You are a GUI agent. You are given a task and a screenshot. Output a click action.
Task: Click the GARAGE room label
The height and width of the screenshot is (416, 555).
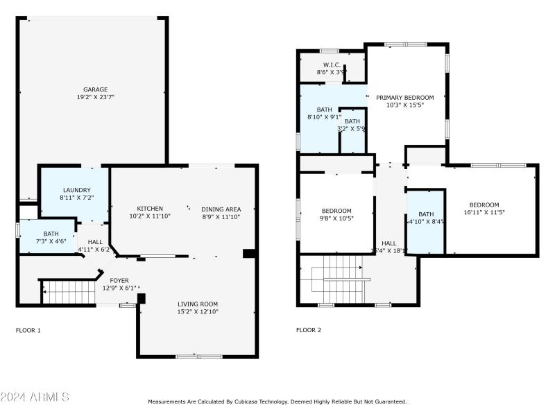pos(95,89)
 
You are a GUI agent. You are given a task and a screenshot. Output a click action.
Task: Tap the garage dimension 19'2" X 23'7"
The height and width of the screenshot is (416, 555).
pos(95,98)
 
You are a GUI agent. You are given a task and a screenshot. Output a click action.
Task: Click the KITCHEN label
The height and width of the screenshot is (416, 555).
pos(150,209)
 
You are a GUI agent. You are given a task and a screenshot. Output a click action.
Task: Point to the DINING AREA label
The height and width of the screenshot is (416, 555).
pos(221,209)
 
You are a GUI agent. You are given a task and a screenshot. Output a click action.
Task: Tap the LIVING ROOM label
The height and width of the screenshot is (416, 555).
pos(198,304)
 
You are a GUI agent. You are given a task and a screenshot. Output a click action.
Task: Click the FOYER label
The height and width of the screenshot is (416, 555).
pos(119,280)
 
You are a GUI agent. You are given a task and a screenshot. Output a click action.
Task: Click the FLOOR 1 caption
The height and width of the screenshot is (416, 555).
pos(28,330)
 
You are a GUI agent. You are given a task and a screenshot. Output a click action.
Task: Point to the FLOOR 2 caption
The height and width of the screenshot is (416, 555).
pos(309,330)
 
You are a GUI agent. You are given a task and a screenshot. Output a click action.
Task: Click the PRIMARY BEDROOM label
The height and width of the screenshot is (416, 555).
pos(405,98)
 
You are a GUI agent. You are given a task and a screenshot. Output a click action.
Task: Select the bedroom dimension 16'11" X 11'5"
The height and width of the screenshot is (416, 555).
pos(484,212)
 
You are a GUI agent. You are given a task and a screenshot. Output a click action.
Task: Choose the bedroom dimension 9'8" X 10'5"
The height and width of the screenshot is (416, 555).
pos(336,218)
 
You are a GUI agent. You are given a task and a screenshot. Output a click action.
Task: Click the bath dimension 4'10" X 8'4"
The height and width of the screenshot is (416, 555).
pos(426,222)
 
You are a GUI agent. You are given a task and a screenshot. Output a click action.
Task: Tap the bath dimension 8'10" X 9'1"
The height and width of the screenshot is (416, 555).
pos(325,117)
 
